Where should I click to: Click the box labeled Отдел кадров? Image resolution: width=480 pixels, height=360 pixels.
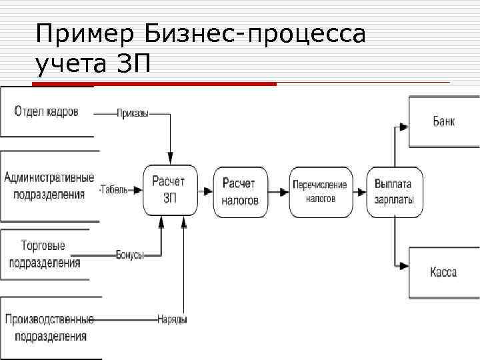click(47, 112)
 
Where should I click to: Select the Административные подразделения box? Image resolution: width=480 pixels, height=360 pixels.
click(49, 186)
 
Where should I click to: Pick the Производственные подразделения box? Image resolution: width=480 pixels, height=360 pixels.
click(48, 327)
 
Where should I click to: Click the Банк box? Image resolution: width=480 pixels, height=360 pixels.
click(444, 121)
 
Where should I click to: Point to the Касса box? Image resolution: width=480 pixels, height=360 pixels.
click(444, 272)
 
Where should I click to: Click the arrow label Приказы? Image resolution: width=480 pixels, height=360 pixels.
click(132, 113)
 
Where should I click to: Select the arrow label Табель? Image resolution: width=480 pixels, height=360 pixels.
click(115, 190)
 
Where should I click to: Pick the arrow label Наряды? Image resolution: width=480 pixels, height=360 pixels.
click(171, 319)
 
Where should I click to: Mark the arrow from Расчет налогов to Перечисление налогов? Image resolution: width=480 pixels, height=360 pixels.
click(278, 191)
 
